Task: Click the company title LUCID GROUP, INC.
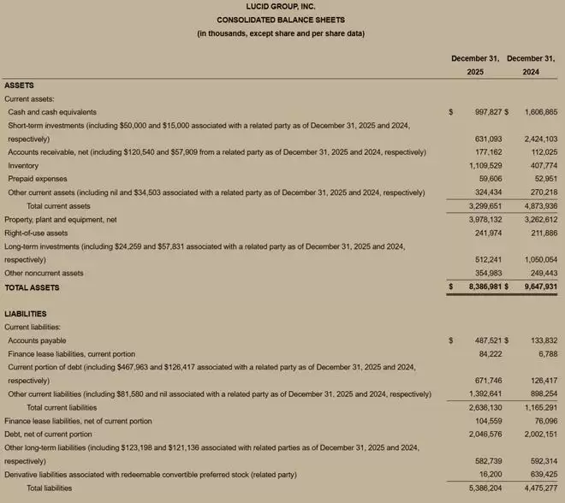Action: click(x=281, y=7)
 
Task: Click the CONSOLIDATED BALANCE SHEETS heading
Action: click(x=281, y=20)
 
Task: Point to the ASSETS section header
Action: click(x=20, y=86)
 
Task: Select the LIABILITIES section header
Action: click(x=26, y=314)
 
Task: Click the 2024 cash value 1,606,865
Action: click(x=539, y=112)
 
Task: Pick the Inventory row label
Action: click(x=23, y=165)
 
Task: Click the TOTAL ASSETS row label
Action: click(x=32, y=287)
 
